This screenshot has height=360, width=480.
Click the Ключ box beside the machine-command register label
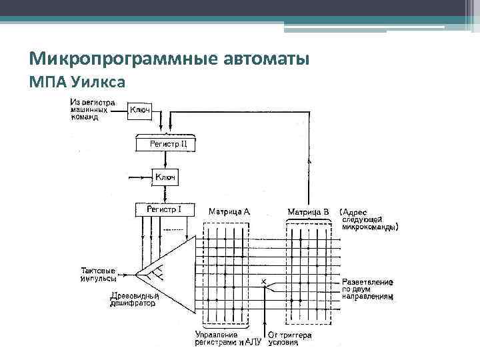(x=139, y=110)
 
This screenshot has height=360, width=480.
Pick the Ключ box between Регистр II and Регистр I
(x=164, y=177)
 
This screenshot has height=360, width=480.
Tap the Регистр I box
(x=164, y=209)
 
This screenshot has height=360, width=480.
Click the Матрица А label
(x=229, y=211)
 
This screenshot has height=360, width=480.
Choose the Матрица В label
(x=308, y=211)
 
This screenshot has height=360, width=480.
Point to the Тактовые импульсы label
(x=98, y=275)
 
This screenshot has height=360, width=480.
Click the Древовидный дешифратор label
(x=133, y=299)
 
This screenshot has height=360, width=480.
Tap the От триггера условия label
(x=289, y=339)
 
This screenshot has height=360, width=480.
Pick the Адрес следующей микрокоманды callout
(x=370, y=219)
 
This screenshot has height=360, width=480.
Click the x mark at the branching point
(x=263, y=283)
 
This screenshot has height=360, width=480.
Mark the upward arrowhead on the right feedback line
(x=309, y=161)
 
